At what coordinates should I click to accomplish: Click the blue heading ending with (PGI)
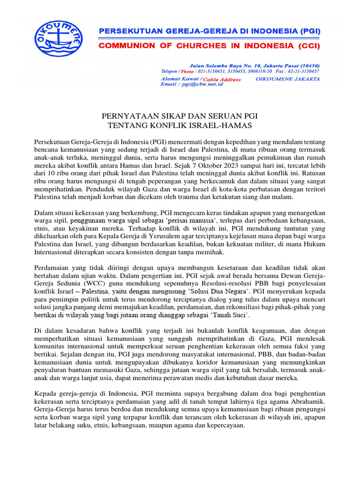click(x=209, y=31)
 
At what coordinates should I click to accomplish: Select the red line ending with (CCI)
click(x=209, y=46)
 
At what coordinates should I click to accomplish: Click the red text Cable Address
click(x=222, y=79)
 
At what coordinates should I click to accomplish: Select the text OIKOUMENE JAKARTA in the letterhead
click(x=288, y=79)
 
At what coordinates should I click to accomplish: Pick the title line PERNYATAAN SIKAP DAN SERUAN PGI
click(x=180, y=116)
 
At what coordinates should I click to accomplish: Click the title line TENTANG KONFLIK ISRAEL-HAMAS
click(x=180, y=125)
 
